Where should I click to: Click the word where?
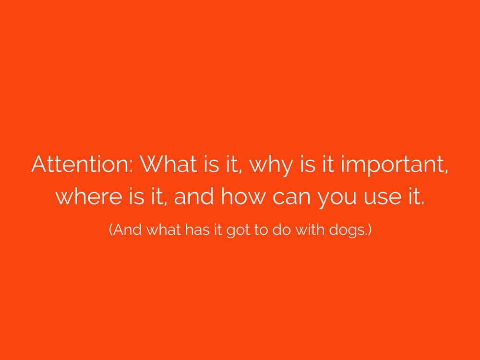89,196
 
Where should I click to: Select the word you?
337,200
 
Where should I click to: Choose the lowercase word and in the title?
194,196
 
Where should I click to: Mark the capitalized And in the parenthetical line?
127,229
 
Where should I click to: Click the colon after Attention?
131,168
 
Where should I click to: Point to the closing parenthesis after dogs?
370,230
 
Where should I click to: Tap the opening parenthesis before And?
111,230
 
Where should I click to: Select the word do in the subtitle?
281,229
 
